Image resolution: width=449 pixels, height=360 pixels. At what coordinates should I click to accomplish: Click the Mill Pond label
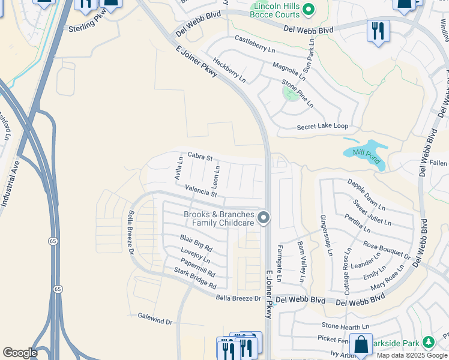coord(366,152)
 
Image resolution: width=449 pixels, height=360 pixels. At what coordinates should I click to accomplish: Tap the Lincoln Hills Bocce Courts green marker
coord(309,9)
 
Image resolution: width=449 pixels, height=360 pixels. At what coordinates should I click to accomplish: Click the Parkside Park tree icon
coord(428,343)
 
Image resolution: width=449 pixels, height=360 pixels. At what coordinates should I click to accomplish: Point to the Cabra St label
coord(200,156)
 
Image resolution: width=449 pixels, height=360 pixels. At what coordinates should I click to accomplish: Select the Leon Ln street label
coord(217,175)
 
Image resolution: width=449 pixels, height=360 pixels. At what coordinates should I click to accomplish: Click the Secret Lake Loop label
coord(322,127)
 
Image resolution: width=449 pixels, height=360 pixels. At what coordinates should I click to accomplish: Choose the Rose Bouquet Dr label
coord(387,250)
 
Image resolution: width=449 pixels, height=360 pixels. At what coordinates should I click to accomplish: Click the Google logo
coord(20,353)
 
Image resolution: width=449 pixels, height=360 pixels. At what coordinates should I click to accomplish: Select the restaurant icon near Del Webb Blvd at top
coord(378,31)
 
